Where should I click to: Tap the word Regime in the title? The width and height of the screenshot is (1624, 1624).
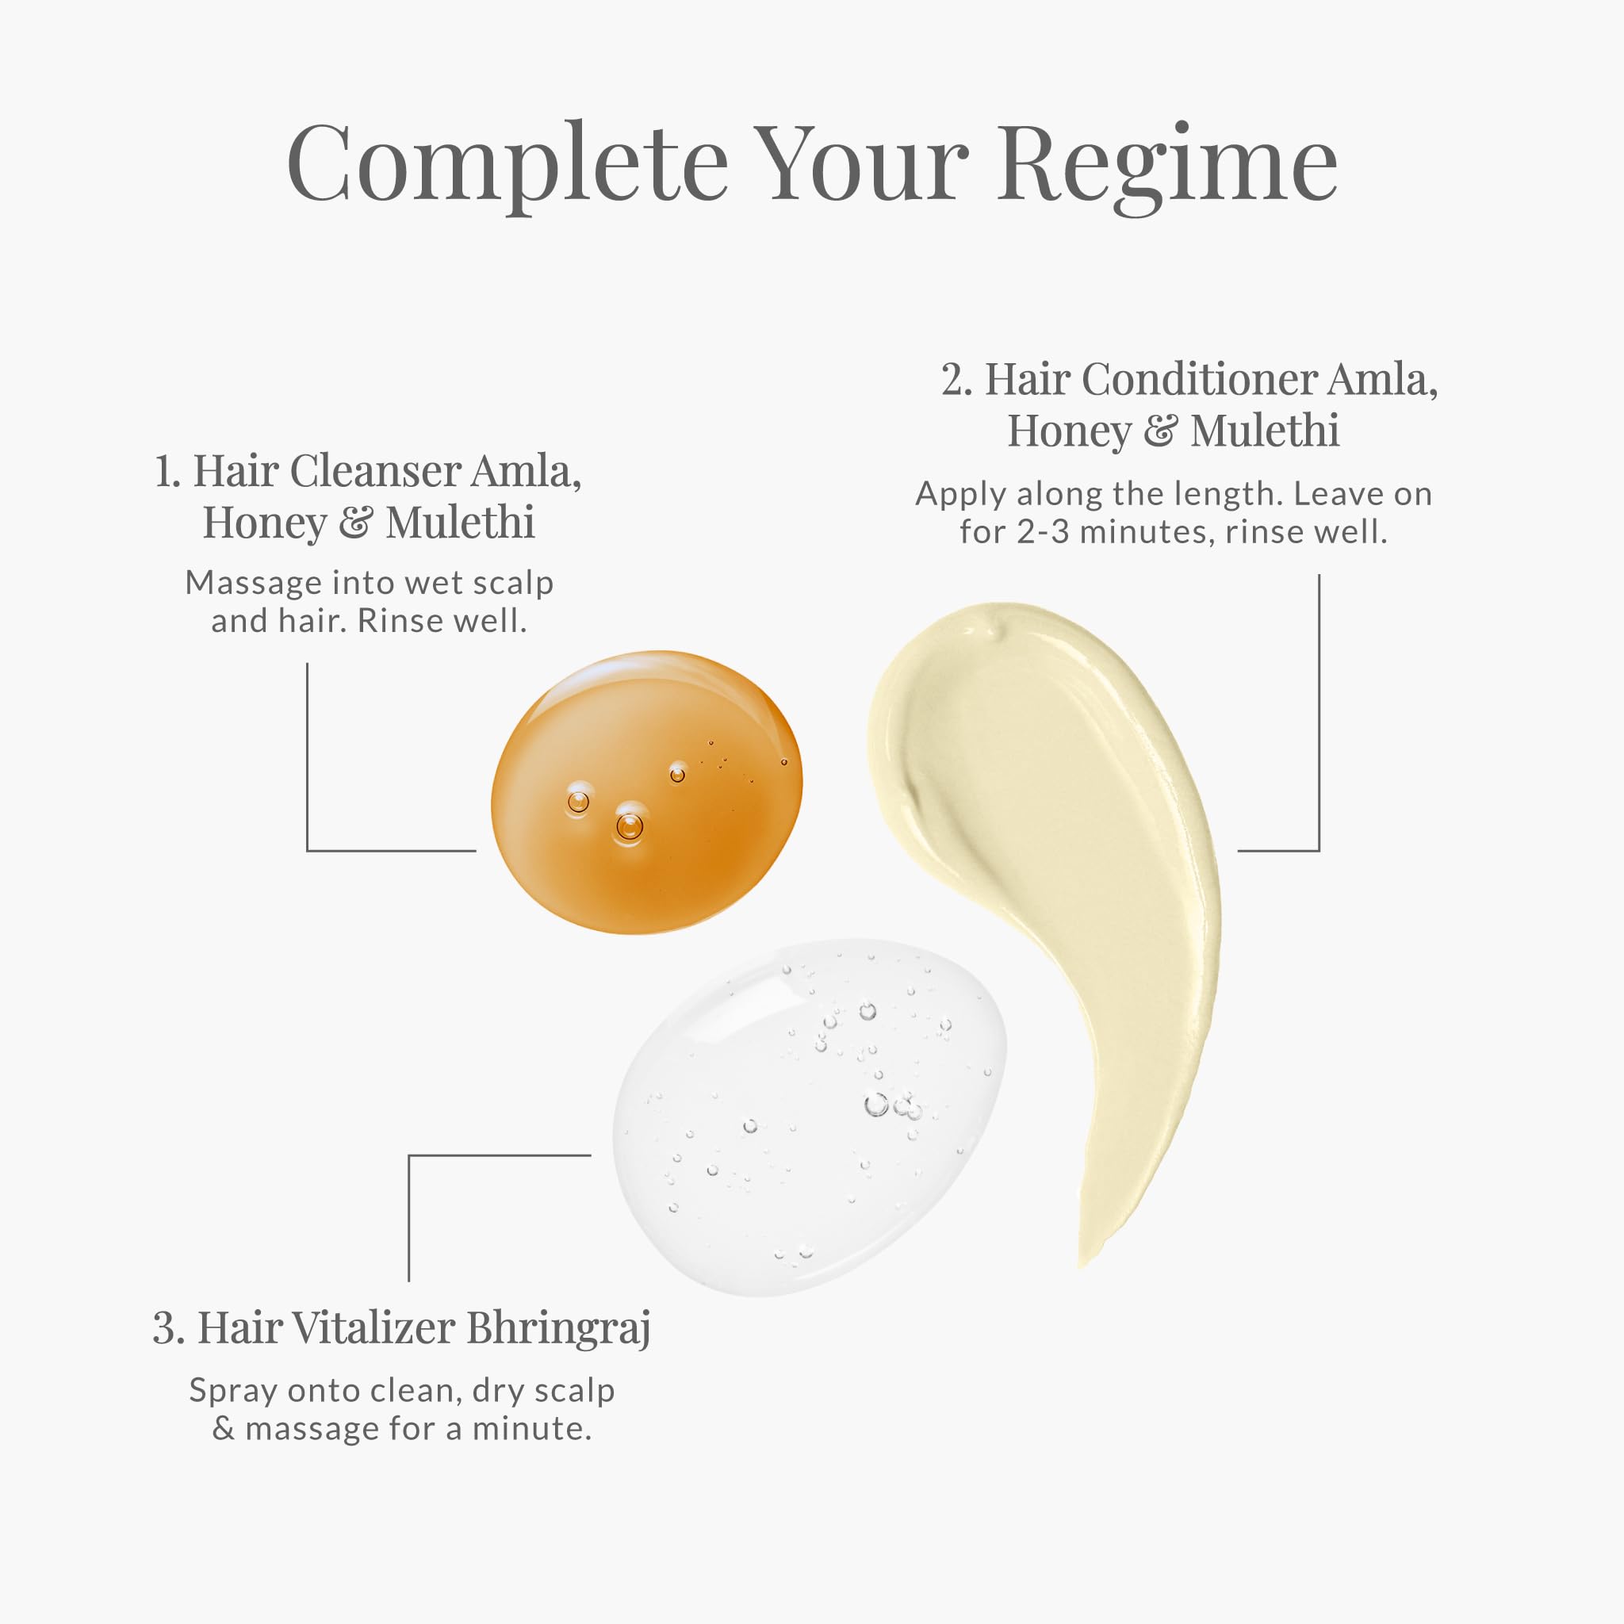coord(1167,169)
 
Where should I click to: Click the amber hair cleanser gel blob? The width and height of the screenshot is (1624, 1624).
coord(646,792)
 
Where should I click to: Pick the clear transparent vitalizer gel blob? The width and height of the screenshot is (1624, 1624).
coord(810,1117)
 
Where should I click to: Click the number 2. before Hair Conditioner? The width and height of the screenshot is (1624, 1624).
coord(956,380)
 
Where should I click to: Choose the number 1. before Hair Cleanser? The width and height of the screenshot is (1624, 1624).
coord(167,472)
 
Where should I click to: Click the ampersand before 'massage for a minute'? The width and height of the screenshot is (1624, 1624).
coord(223,1430)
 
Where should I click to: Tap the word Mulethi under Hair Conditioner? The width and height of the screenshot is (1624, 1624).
coord(1265,431)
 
